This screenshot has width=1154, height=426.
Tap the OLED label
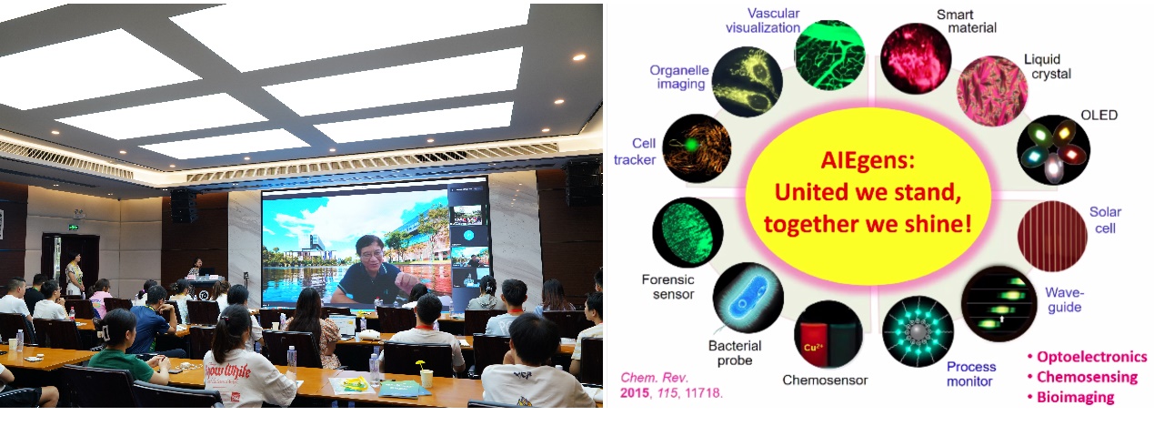(x=1099, y=115)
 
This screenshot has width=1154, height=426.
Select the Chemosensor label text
(x=825, y=380)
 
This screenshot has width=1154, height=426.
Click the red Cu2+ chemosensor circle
(x=828, y=335)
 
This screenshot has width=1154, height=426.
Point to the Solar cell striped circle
(x=1052, y=236)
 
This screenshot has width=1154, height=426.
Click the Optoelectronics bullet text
(x=1087, y=357)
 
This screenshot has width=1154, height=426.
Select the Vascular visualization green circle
(x=830, y=55)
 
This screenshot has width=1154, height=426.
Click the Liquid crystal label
(x=1048, y=66)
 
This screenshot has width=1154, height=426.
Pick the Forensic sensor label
(x=668, y=287)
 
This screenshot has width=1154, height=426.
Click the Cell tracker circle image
(x=697, y=148)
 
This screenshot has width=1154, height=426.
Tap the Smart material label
(x=967, y=21)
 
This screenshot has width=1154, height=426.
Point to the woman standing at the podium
(x=196, y=267)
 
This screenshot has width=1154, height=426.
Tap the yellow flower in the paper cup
(x=421, y=365)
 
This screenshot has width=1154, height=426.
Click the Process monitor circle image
(x=918, y=332)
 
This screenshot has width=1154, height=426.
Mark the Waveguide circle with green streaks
(x=998, y=303)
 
